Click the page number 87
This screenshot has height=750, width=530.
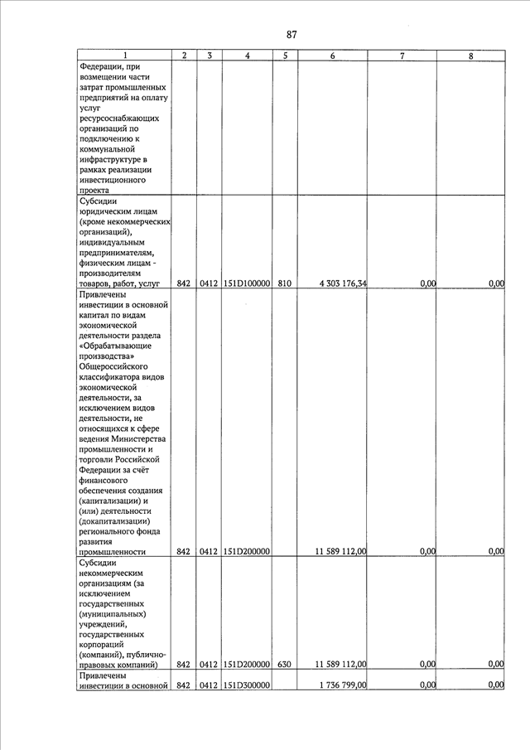(291, 34)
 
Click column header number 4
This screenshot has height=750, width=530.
(248, 56)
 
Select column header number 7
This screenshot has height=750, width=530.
(402, 56)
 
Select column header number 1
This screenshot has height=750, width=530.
(126, 56)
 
